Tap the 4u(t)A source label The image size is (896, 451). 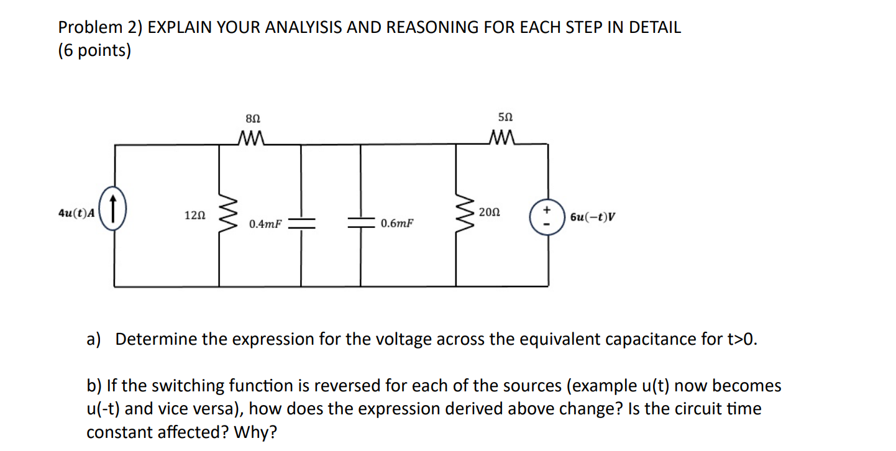click(76, 213)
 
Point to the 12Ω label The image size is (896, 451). click(194, 215)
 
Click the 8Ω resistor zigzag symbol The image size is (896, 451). click(253, 137)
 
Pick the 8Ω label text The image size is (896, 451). click(253, 117)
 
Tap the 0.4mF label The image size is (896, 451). click(265, 223)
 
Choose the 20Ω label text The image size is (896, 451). click(489, 212)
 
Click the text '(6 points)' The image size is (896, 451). click(94, 51)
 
